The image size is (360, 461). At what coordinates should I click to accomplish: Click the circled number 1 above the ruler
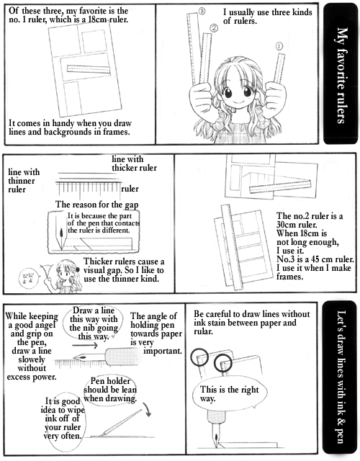[279, 46]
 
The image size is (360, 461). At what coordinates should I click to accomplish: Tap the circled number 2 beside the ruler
[214, 28]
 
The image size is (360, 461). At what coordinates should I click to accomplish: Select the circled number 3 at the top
[202, 12]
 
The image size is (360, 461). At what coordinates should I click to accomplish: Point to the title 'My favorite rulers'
[341, 76]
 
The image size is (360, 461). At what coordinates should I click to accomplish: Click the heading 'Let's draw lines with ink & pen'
[341, 377]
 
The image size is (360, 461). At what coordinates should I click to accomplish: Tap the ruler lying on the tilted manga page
[89, 69]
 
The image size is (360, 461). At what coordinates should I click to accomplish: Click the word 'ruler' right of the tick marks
[130, 189]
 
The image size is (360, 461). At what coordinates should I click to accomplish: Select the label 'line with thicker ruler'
[134, 164]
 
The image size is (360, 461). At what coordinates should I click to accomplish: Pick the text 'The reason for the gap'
[96, 205]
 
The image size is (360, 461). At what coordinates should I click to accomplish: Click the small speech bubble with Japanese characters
[29, 278]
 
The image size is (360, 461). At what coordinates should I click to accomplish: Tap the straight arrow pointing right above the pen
[85, 345]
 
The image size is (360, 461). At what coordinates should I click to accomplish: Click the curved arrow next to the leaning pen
[147, 409]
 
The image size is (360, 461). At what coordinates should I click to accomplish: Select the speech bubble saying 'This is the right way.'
[230, 395]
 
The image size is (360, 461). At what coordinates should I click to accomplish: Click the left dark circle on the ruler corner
[199, 357]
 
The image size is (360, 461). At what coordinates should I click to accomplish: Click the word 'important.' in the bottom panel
[163, 351]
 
